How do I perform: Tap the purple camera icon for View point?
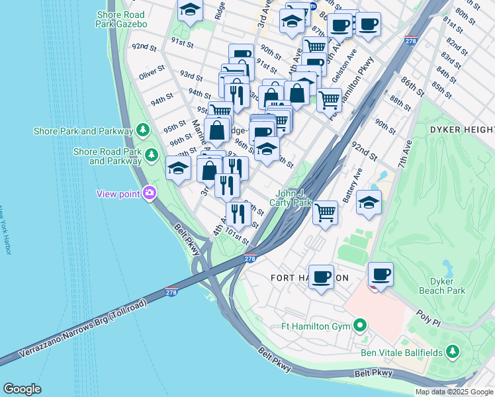click(150, 193)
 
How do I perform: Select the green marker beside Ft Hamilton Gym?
click(359, 326)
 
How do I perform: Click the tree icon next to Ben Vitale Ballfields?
click(452, 352)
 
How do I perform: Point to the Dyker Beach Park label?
click(442, 285)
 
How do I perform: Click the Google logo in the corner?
click(22, 389)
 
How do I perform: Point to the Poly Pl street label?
click(427, 317)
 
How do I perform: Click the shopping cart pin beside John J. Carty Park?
click(325, 213)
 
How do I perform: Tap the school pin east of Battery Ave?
click(369, 202)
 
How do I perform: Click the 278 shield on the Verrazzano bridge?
click(171, 292)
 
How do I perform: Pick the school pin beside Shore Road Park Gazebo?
click(190, 11)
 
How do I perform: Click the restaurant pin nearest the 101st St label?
click(238, 214)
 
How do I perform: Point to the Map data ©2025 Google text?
click(454, 392)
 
